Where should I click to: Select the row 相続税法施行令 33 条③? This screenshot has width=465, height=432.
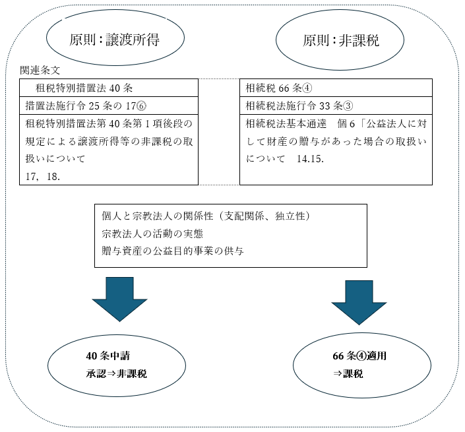291,105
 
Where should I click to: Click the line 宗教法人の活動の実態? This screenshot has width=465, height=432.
153,233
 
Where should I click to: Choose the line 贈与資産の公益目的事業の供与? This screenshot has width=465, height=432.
168,251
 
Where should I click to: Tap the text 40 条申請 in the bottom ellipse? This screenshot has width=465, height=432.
111,356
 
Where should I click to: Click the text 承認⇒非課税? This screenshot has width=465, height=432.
116,373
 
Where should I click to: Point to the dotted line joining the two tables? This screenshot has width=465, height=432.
219,79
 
